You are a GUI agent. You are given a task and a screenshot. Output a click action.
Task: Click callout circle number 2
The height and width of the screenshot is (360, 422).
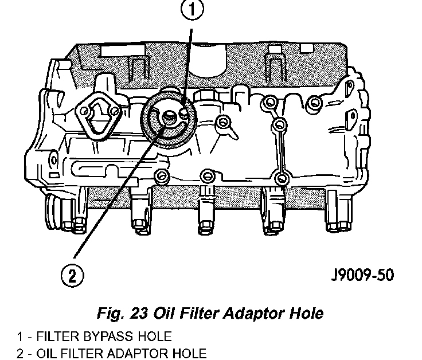(x=71, y=276)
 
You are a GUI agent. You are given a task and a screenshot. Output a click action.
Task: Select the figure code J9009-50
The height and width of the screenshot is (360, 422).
(x=362, y=276)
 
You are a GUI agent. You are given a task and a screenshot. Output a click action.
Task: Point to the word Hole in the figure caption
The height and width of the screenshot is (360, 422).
(x=307, y=314)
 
